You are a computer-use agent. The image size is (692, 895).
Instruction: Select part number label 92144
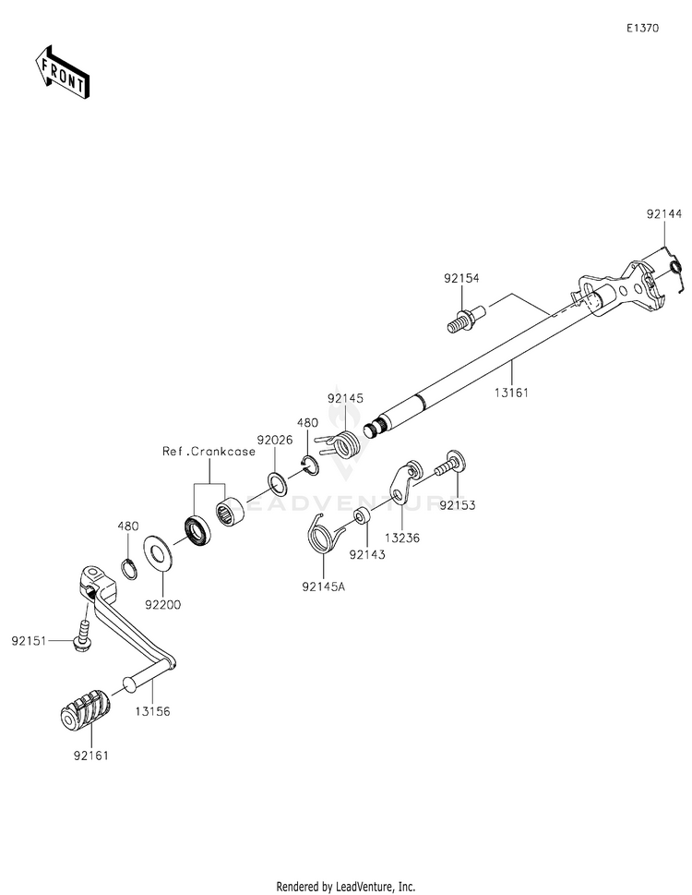pos(664,214)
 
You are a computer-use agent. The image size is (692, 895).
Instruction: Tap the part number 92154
pos(461,277)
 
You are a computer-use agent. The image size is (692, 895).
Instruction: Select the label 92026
pos(275,441)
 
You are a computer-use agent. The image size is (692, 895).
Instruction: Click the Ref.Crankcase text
pos(209,452)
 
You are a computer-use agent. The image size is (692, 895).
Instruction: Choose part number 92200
pos(163,606)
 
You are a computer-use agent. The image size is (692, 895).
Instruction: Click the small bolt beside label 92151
pos(82,636)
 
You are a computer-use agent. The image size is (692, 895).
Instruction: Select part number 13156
pos(152,712)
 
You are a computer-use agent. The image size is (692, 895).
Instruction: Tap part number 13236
pos(402,537)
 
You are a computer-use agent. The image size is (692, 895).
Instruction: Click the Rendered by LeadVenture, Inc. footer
pos(345,886)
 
